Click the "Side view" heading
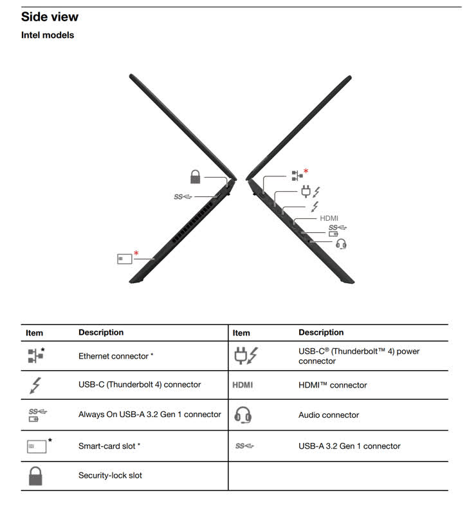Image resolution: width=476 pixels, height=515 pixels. pyautogui.click(x=50, y=17)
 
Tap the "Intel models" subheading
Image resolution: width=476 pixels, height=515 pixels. pyautogui.click(x=48, y=35)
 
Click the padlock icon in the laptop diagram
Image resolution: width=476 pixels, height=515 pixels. pyautogui.click(x=196, y=176)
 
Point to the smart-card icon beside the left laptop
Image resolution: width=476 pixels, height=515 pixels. pyautogui.click(x=125, y=258)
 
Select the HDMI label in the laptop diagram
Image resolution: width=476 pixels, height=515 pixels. pyautogui.click(x=329, y=218)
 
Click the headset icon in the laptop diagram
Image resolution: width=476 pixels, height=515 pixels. pyautogui.click(x=342, y=243)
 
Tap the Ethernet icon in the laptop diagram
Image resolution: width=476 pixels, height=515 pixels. pyautogui.click(x=297, y=174)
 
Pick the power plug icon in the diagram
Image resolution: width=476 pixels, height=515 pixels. pyautogui.click(x=306, y=191)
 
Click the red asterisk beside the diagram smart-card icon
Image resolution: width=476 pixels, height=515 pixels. pyautogui.click(x=136, y=254)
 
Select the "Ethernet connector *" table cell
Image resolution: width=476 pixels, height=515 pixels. pyautogui.click(x=116, y=356)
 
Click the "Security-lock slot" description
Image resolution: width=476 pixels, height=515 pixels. pyautogui.click(x=110, y=476)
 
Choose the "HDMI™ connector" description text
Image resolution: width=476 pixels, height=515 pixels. pyautogui.click(x=333, y=386)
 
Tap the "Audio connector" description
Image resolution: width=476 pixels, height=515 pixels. pyautogui.click(x=329, y=415)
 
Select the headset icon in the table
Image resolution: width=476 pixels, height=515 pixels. pyautogui.click(x=243, y=415)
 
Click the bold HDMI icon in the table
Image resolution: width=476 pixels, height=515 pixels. pyautogui.click(x=243, y=386)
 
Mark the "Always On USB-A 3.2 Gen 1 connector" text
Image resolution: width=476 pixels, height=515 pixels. pyautogui.click(x=149, y=415)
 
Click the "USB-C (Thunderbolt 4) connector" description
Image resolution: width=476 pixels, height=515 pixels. pyautogui.click(x=140, y=385)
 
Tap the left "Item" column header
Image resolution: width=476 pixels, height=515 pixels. pyautogui.click(x=35, y=333)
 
